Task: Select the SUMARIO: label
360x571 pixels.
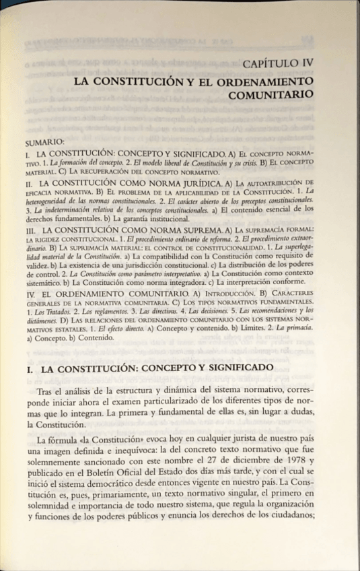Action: [44, 142]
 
